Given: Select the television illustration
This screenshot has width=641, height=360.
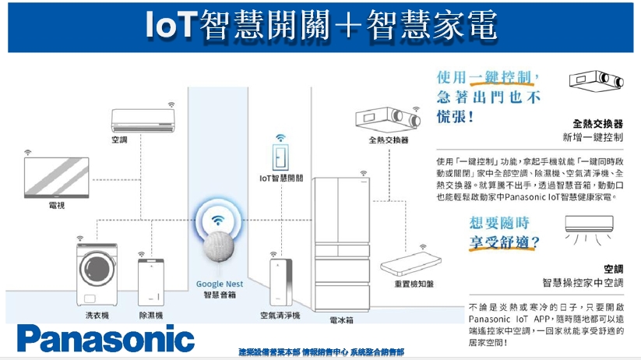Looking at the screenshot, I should (57, 179).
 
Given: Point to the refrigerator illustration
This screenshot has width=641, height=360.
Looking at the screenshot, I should (342, 242).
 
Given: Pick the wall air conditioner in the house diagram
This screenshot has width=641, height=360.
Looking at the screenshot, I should (143, 120).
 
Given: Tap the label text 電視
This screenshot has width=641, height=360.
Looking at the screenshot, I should (57, 205).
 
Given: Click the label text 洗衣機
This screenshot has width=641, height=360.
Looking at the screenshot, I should (97, 316).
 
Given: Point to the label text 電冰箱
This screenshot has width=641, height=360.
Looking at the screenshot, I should (341, 319).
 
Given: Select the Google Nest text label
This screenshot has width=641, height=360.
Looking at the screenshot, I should (220, 284).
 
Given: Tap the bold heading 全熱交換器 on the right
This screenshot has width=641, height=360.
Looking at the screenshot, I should (597, 123).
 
